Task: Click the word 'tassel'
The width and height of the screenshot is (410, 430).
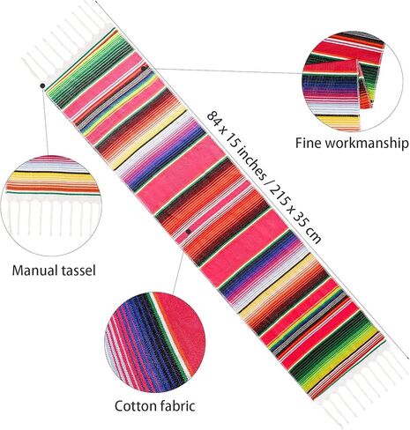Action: coord(78,270)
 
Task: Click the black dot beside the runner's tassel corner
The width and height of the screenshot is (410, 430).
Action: coord(42,85)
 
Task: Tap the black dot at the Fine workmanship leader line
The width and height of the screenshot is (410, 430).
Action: coord(144,69)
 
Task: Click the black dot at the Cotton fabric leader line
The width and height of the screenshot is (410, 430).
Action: coord(189,232)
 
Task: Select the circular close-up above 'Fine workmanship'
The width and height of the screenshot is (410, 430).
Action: coord(352,81)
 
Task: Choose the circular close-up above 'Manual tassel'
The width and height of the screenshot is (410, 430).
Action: coord(52,205)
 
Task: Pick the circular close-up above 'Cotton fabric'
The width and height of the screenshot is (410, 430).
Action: coord(155,343)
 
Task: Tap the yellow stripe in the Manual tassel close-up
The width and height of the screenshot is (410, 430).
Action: coord(51,179)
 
